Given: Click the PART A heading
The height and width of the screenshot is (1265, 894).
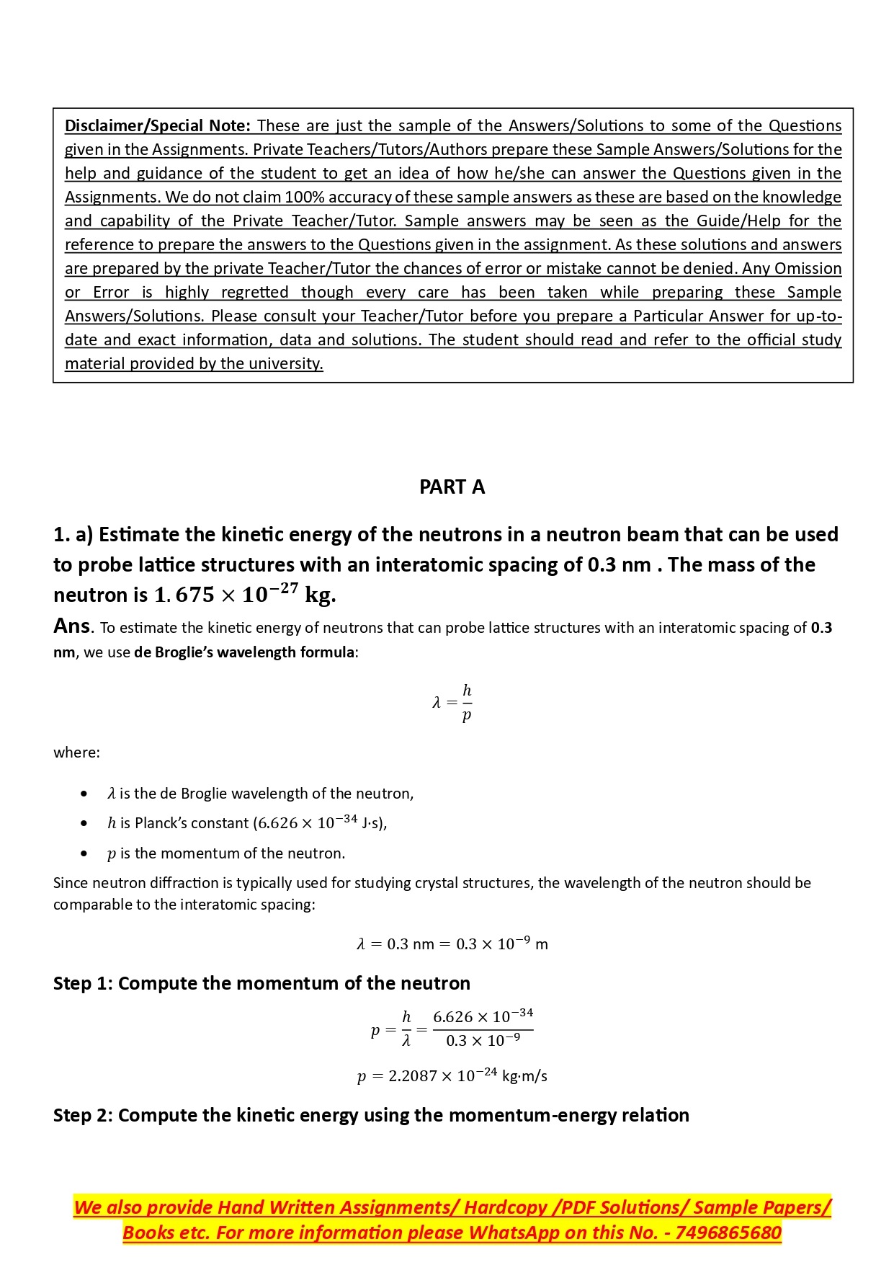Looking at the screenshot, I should (x=452, y=487).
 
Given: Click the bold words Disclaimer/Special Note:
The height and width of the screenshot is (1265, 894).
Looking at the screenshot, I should (x=158, y=126).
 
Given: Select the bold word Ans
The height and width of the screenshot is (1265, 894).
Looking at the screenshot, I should (x=72, y=626).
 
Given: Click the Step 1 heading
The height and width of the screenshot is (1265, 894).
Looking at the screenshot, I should (x=262, y=983).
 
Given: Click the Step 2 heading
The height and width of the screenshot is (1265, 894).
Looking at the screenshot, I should (x=371, y=1115).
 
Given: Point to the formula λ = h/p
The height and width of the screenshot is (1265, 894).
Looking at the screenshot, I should (x=452, y=702).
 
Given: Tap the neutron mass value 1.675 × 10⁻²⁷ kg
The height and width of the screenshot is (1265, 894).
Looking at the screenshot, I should (x=245, y=595).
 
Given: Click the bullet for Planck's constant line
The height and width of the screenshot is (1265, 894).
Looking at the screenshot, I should (x=85, y=823).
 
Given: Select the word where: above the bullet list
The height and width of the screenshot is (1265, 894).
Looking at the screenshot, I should (x=76, y=753).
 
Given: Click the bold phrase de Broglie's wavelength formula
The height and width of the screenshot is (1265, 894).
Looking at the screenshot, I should (x=244, y=652).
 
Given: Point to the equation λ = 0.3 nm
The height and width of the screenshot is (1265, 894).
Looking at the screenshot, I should (x=452, y=944).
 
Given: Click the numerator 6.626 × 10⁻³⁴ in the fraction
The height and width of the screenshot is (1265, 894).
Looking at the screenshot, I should (x=483, y=1016).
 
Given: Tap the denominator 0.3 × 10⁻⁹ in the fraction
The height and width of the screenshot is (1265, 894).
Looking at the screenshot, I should (x=483, y=1041).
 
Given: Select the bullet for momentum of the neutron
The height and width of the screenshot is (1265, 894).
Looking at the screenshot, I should (x=85, y=853).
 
